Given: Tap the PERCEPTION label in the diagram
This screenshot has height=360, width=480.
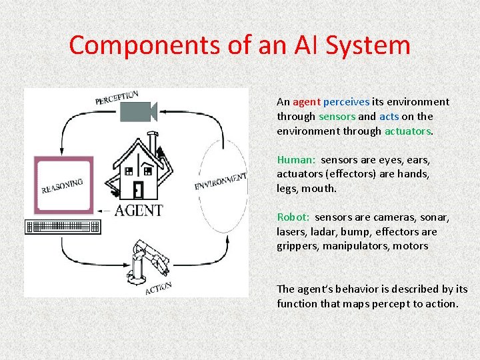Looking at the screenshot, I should pyautogui.click(x=117, y=98).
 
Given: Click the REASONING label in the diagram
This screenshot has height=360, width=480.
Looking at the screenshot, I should pyautogui.click(x=62, y=185).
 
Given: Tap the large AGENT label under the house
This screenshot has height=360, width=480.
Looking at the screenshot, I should pyautogui.click(x=138, y=211).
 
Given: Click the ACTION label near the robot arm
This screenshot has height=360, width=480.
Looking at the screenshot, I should pyautogui.click(x=159, y=288).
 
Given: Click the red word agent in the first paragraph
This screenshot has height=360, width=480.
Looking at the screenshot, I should pyautogui.click(x=307, y=102).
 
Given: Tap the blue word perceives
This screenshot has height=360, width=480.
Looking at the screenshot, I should pyautogui.click(x=346, y=102).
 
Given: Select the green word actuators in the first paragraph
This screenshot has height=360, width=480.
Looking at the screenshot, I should pyautogui.click(x=408, y=131).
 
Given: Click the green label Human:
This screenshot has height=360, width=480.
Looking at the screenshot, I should pyautogui.click(x=296, y=160).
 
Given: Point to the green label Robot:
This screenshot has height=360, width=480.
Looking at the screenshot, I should pyautogui.click(x=294, y=217).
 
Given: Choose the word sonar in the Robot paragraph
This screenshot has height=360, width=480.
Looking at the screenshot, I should pyautogui.click(x=436, y=217).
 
